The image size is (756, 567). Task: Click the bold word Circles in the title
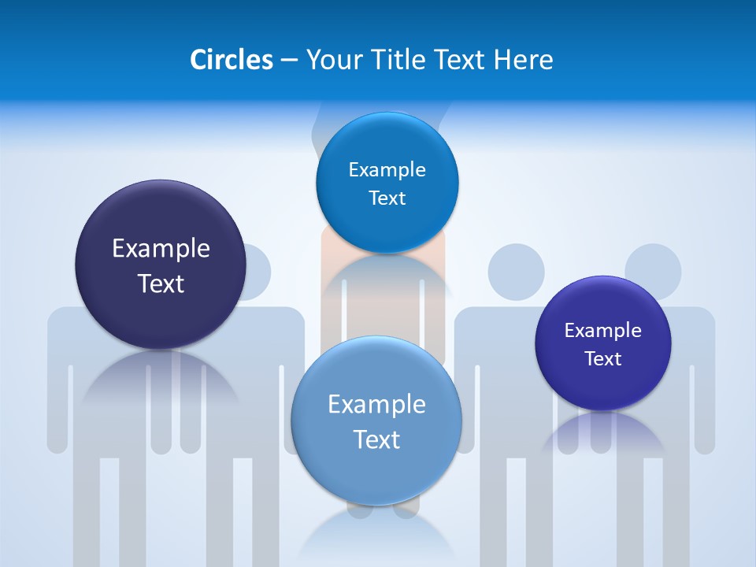pos(231,60)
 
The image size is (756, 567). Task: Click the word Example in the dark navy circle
pos(161,249)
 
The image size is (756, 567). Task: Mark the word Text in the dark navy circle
pos(161,283)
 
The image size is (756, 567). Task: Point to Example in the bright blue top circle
pos(387,170)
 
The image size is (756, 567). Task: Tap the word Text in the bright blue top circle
pos(387,198)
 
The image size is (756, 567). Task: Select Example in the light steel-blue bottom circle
pos(376,405)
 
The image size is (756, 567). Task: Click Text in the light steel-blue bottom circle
pos(376,439)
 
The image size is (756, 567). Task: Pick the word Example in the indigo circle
pos(603,331)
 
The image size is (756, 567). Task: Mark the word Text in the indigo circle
pos(603,359)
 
